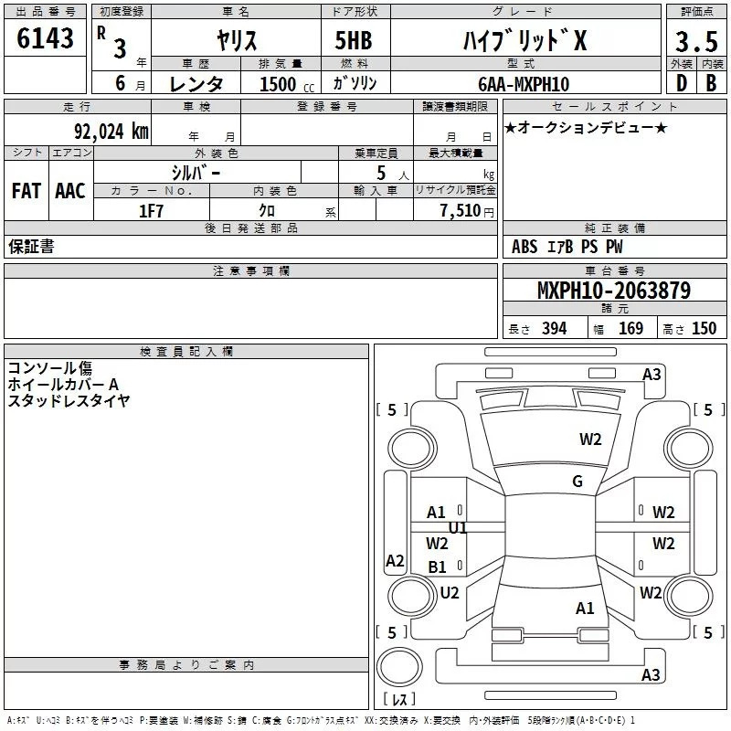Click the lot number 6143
click(x=45, y=38)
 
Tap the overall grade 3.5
click(x=696, y=41)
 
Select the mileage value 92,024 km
click(x=111, y=132)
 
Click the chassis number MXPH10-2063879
click(x=614, y=291)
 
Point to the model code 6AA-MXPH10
click(x=524, y=84)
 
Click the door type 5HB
click(x=354, y=40)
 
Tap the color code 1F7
click(x=151, y=211)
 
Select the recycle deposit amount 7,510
click(x=461, y=211)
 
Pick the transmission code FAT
click(x=26, y=191)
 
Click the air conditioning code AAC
click(x=70, y=191)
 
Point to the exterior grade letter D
click(x=682, y=83)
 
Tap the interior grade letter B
click(x=711, y=83)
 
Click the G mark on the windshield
click(x=577, y=482)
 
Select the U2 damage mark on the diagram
click(x=450, y=593)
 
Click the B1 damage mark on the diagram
click(x=438, y=567)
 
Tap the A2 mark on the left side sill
click(x=395, y=560)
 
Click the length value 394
click(x=555, y=328)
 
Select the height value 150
click(x=704, y=328)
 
